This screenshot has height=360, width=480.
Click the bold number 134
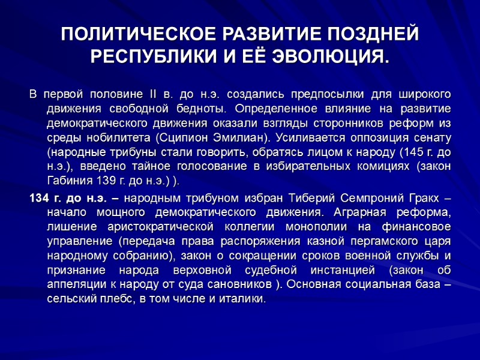point(40,199)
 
